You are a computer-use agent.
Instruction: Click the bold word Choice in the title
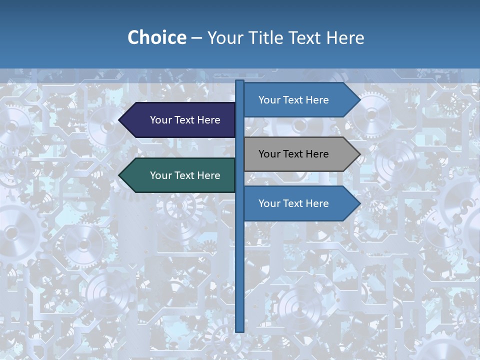click(x=156, y=37)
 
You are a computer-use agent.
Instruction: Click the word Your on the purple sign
click(x=161, y=120)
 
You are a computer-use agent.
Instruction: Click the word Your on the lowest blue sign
click(x=269, y=203)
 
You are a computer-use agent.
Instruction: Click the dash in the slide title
click(x=196, y=38)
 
